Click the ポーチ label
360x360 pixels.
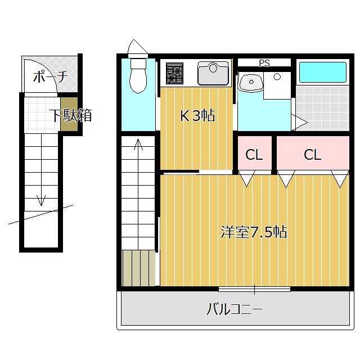point(50,76)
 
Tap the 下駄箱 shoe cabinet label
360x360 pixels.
point(70,116)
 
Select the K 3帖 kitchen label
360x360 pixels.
point(197,116)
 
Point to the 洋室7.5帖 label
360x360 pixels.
point(254,232)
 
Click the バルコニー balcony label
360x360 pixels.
point(235,309)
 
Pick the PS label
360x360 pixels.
point(264,63)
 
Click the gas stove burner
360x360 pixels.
point(174,74)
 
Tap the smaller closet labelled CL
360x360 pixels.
point(254,155)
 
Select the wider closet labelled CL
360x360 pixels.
point(312,155)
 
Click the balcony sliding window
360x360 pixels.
point(254,290)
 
